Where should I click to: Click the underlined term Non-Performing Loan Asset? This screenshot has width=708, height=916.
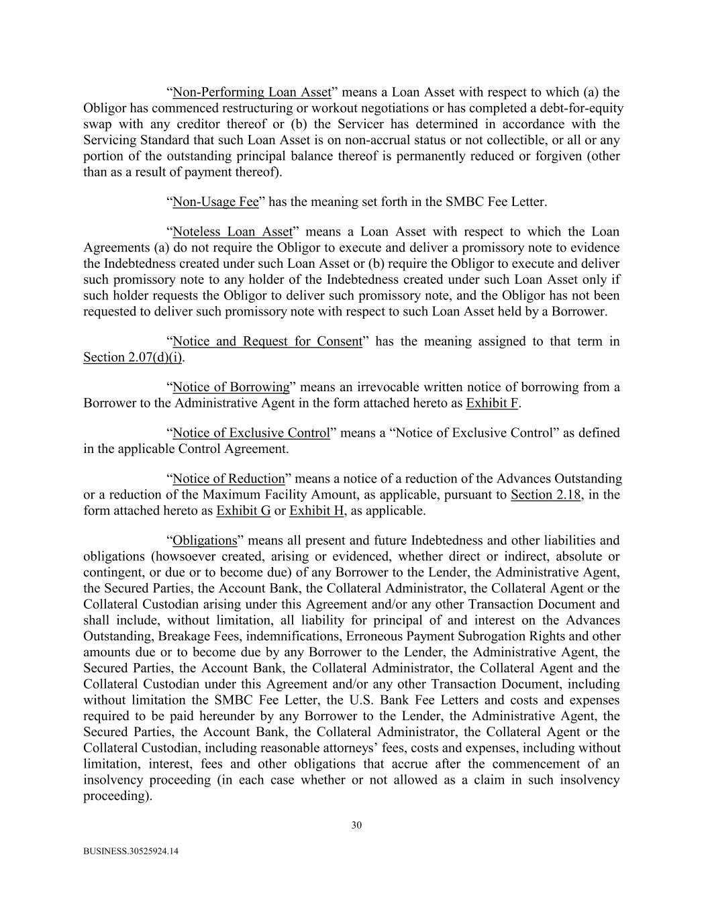pyautogui.click(x=252, y=93)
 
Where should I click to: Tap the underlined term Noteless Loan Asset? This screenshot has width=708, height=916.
pyautogui.click(x=232, y=232)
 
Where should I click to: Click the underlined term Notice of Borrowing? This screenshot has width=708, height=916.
pyautogui.click(x=231, y=387)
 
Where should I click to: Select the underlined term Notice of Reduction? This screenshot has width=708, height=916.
pyautogui.click(x=229, y=479)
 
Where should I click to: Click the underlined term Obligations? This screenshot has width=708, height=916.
pyautogui.click(x=205, y=541)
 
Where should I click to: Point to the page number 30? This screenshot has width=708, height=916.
pyautogui.click(x=356, y=825)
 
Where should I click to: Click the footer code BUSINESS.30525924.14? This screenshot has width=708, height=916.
pyautogui.click(x=131, y=852)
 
